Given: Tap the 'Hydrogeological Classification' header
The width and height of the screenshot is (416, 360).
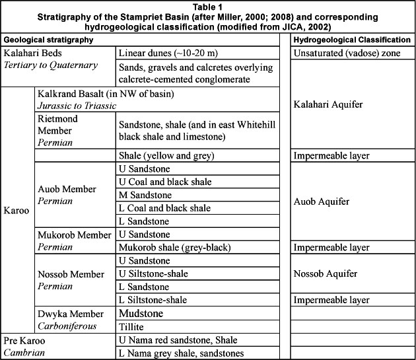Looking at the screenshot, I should pos(352,40).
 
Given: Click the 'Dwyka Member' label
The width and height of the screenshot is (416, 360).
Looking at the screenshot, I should pos(71,313).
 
